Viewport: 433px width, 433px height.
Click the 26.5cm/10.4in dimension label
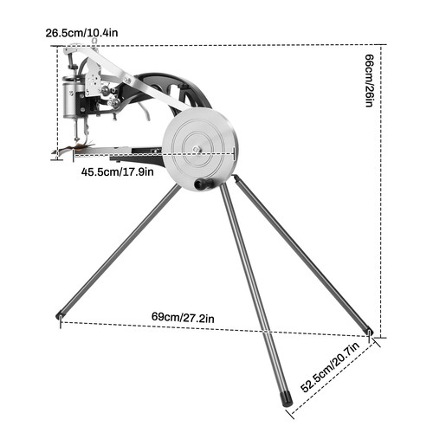(81, 33)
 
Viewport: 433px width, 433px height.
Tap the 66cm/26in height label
(370, 81)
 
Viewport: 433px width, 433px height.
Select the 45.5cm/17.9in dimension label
(117, 172)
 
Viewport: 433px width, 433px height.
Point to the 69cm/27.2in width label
(183, 318)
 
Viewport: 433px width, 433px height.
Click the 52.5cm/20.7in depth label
(331, 367)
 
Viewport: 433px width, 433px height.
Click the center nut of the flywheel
(197, 149)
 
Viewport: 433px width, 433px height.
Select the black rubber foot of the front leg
(288, 398)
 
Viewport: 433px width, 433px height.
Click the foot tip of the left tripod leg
(59, 316)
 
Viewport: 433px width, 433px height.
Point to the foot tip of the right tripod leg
(370, 331)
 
